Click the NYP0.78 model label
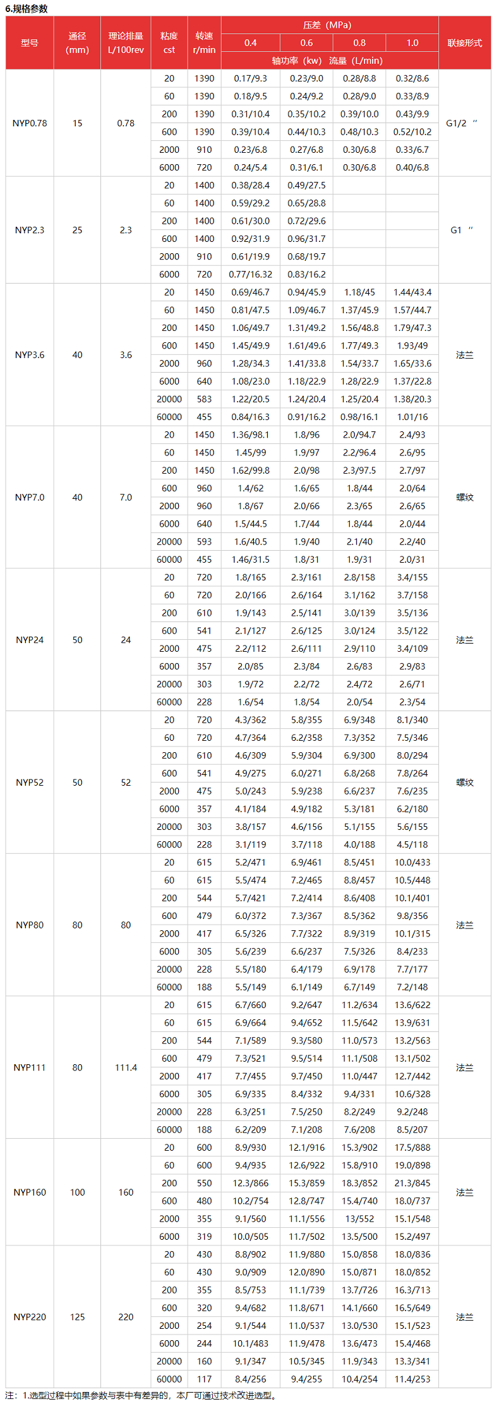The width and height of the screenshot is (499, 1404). point(30,123)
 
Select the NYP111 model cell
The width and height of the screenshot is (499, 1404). point(30,1067)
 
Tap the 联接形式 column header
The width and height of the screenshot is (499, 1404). point(464,43)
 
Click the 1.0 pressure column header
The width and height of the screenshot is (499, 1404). point(412,43)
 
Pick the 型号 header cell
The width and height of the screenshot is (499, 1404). point(30,43)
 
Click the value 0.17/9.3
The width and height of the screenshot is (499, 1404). point(250,78)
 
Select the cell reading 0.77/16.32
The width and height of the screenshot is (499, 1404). point(250,274)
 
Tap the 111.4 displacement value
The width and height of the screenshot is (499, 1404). point(126,1067)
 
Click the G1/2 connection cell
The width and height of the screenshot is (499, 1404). point(462,123)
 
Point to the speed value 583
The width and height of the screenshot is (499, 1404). point(204,399)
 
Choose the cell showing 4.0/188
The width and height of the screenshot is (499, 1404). point(359,844)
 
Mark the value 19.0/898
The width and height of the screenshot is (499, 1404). point(412,1165)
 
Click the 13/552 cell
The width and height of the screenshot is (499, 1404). point(359,1218)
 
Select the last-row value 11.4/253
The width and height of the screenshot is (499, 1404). point(412,1379)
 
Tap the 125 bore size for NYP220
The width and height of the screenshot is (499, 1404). point(77,1317)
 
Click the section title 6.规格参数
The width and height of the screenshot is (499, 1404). point(27,9)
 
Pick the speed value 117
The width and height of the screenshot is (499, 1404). point(204,1379)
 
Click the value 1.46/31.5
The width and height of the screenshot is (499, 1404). point(250,560)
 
